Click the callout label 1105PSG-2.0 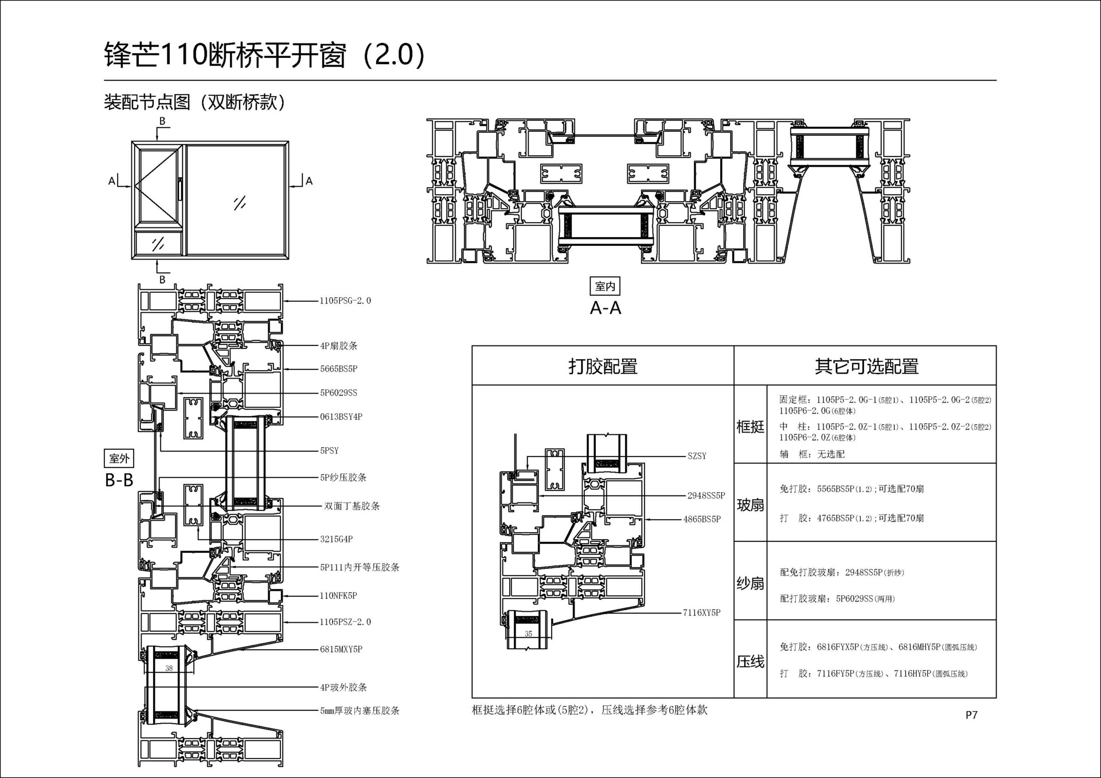pos(345,301)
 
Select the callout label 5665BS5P pos(339,369)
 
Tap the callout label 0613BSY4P pos(341,417)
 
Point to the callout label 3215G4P pos(337,539)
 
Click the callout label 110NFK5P pos(338,596)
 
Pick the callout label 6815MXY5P pos(341,650)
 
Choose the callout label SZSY pos(697,456)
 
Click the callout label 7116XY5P pos(702,612)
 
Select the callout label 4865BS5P pos(702,519)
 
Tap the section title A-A pos(606,308)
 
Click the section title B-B pos(119,480)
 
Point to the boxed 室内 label pos(605,286)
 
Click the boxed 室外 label pos(119,458)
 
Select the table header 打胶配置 pos(603,366)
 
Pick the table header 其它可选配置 pos(866,366)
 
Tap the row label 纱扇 pos(751,583)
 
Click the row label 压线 pos(751,662)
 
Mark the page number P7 pos(971,715)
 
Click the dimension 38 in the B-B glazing pos(169,669)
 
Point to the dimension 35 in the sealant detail pos(528,634)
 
